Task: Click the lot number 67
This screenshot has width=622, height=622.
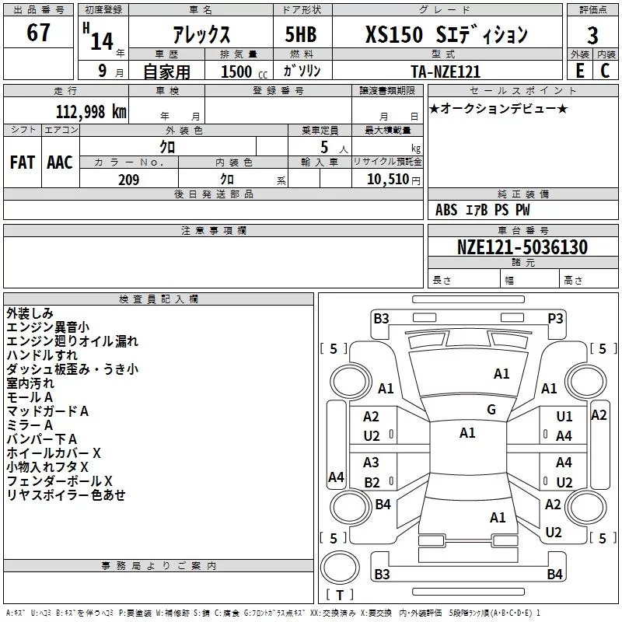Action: point(38,33)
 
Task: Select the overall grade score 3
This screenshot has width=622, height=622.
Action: point(593,36)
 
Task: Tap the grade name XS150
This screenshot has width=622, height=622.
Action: point(394,34)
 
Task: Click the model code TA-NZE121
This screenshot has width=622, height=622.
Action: point(446,72)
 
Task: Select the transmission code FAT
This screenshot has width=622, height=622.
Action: point(22,162)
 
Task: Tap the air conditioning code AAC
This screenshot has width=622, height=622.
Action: point(60,162)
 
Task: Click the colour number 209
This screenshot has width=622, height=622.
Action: point(128,180)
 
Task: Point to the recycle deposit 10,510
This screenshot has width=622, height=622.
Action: point(390,180)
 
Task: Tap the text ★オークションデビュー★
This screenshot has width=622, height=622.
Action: point(498,108)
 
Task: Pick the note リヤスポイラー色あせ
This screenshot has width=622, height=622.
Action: point(65,494)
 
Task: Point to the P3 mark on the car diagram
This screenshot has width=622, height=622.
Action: point(555,318)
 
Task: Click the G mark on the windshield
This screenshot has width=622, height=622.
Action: point(491,409)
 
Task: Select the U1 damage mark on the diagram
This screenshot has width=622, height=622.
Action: point(564,417)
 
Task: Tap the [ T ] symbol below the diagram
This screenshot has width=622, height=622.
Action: point(340,595)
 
